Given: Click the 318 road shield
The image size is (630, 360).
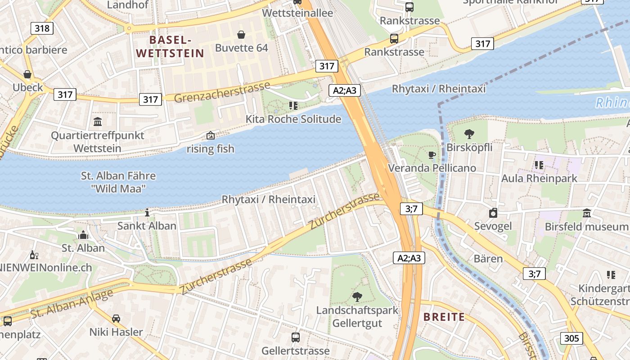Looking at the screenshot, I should [42, 28].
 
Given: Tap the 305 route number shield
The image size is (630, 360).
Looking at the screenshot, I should [571, 338].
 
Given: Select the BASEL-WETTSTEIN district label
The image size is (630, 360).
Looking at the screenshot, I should [170, 46].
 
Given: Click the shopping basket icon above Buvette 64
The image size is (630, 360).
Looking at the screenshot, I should [241, 35].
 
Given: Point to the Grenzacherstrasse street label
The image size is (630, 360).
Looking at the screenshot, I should [221, 91].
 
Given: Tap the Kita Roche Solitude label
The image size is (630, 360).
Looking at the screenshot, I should [293, 119].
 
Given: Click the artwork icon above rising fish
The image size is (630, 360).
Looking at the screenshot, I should [210, 135].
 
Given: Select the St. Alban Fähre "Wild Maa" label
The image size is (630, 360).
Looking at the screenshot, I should [118, 182].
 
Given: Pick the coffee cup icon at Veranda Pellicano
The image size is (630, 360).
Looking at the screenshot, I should [432, 155].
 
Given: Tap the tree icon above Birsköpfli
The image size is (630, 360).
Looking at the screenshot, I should [469, 134].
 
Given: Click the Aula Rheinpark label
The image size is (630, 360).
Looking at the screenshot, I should [539, 178].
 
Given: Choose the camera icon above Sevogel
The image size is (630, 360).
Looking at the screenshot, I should [493, 213].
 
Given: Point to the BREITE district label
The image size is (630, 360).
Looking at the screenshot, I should [444, 317].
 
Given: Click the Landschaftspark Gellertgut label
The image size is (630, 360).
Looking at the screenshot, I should [357, 316].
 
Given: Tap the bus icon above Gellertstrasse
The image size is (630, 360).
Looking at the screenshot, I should [296, 337].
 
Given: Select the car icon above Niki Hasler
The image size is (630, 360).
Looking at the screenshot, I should [116, 319].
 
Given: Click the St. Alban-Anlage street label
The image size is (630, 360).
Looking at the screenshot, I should [72, 304].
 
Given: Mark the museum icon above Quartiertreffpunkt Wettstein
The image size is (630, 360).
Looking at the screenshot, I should [98, 121].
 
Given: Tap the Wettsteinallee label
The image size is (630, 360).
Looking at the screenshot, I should [297, 13].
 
